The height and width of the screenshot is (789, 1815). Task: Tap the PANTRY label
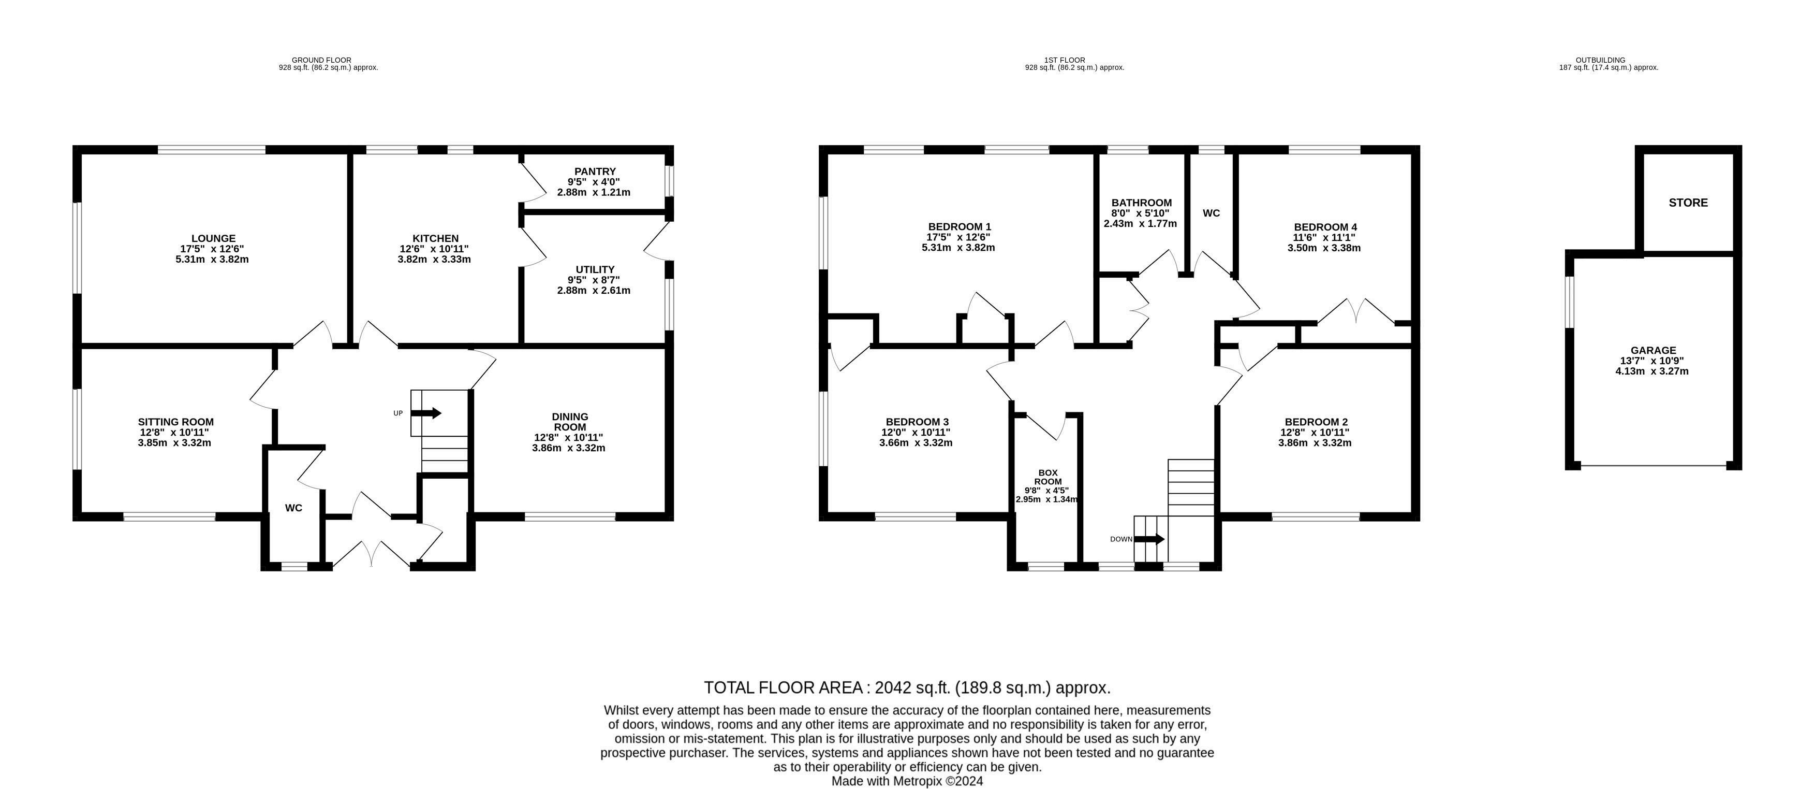pos(595,171)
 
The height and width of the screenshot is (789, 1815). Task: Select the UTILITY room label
pos(595,269)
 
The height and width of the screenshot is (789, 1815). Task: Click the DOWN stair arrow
pos(1149,539)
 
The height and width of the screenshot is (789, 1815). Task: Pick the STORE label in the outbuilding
pos(1688,203)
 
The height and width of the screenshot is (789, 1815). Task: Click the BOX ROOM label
pos(1047,477)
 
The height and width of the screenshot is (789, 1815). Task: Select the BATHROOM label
pos(1141,203)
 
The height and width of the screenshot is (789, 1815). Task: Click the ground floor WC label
pos(294,508)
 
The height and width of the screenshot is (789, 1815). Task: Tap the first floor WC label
pos(1211,213)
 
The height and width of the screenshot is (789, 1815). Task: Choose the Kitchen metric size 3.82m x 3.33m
pos(434,259)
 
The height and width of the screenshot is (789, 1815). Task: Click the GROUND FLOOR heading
pos(321,60)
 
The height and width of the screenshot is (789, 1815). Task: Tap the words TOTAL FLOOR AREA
pos(784,687)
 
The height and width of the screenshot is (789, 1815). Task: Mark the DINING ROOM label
pos(570,422)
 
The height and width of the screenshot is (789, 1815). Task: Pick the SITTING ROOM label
pos(175,422)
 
